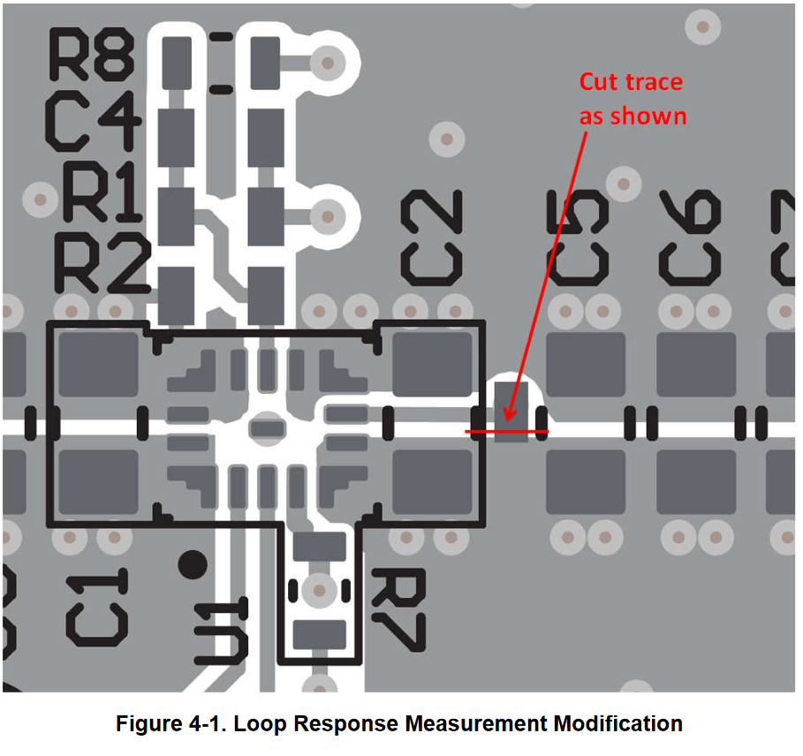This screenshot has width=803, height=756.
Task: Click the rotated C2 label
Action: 432,236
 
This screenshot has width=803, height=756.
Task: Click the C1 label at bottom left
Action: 99,606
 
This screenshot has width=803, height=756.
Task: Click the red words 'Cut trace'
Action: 631,82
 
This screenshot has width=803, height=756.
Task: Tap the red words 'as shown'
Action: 633,116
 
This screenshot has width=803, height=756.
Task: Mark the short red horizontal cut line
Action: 506,432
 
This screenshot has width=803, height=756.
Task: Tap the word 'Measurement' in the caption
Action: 477,724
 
